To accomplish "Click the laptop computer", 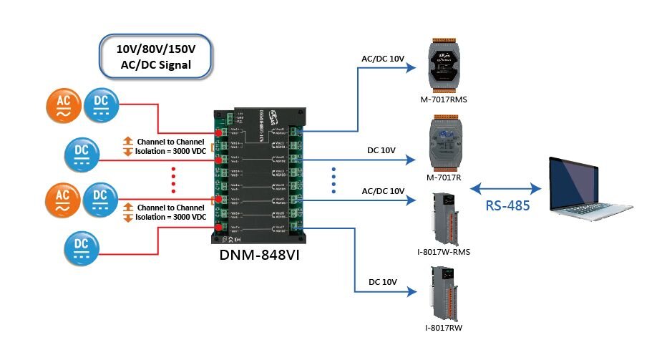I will [598, 189].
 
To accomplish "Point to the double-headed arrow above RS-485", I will [506, 188].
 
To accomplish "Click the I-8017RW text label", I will [444, 327].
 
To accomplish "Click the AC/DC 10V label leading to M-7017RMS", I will [384, 57].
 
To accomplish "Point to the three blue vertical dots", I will [333, 180].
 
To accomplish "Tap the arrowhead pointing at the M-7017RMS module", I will [411, 68].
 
